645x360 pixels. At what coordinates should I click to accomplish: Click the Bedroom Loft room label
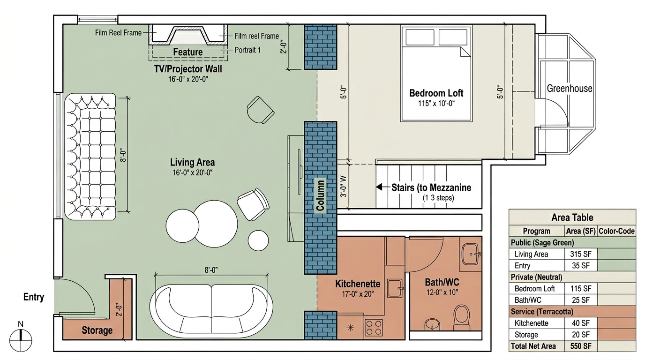436,93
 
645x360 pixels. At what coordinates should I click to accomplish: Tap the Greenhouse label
569,89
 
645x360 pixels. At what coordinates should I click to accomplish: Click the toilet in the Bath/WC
462,317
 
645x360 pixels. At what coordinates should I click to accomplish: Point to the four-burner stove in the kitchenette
374,328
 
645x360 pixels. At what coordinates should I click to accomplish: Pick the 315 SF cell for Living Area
580,254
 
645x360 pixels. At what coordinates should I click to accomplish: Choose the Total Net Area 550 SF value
580,346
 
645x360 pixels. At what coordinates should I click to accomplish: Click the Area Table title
572,217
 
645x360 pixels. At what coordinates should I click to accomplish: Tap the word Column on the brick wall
320,195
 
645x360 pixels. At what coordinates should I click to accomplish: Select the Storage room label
97,330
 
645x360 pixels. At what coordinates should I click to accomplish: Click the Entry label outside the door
34,297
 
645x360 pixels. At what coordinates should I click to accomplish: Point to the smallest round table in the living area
258,240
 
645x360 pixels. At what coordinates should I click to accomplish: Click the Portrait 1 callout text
247,50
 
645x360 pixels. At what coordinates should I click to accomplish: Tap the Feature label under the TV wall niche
188,52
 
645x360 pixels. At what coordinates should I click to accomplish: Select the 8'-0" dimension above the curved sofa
211,270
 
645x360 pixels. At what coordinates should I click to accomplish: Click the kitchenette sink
395,288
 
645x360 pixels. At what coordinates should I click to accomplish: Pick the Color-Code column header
616,231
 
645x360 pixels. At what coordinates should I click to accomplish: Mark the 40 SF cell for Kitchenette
580,323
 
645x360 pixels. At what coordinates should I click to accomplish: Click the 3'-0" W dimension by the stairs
343,187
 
